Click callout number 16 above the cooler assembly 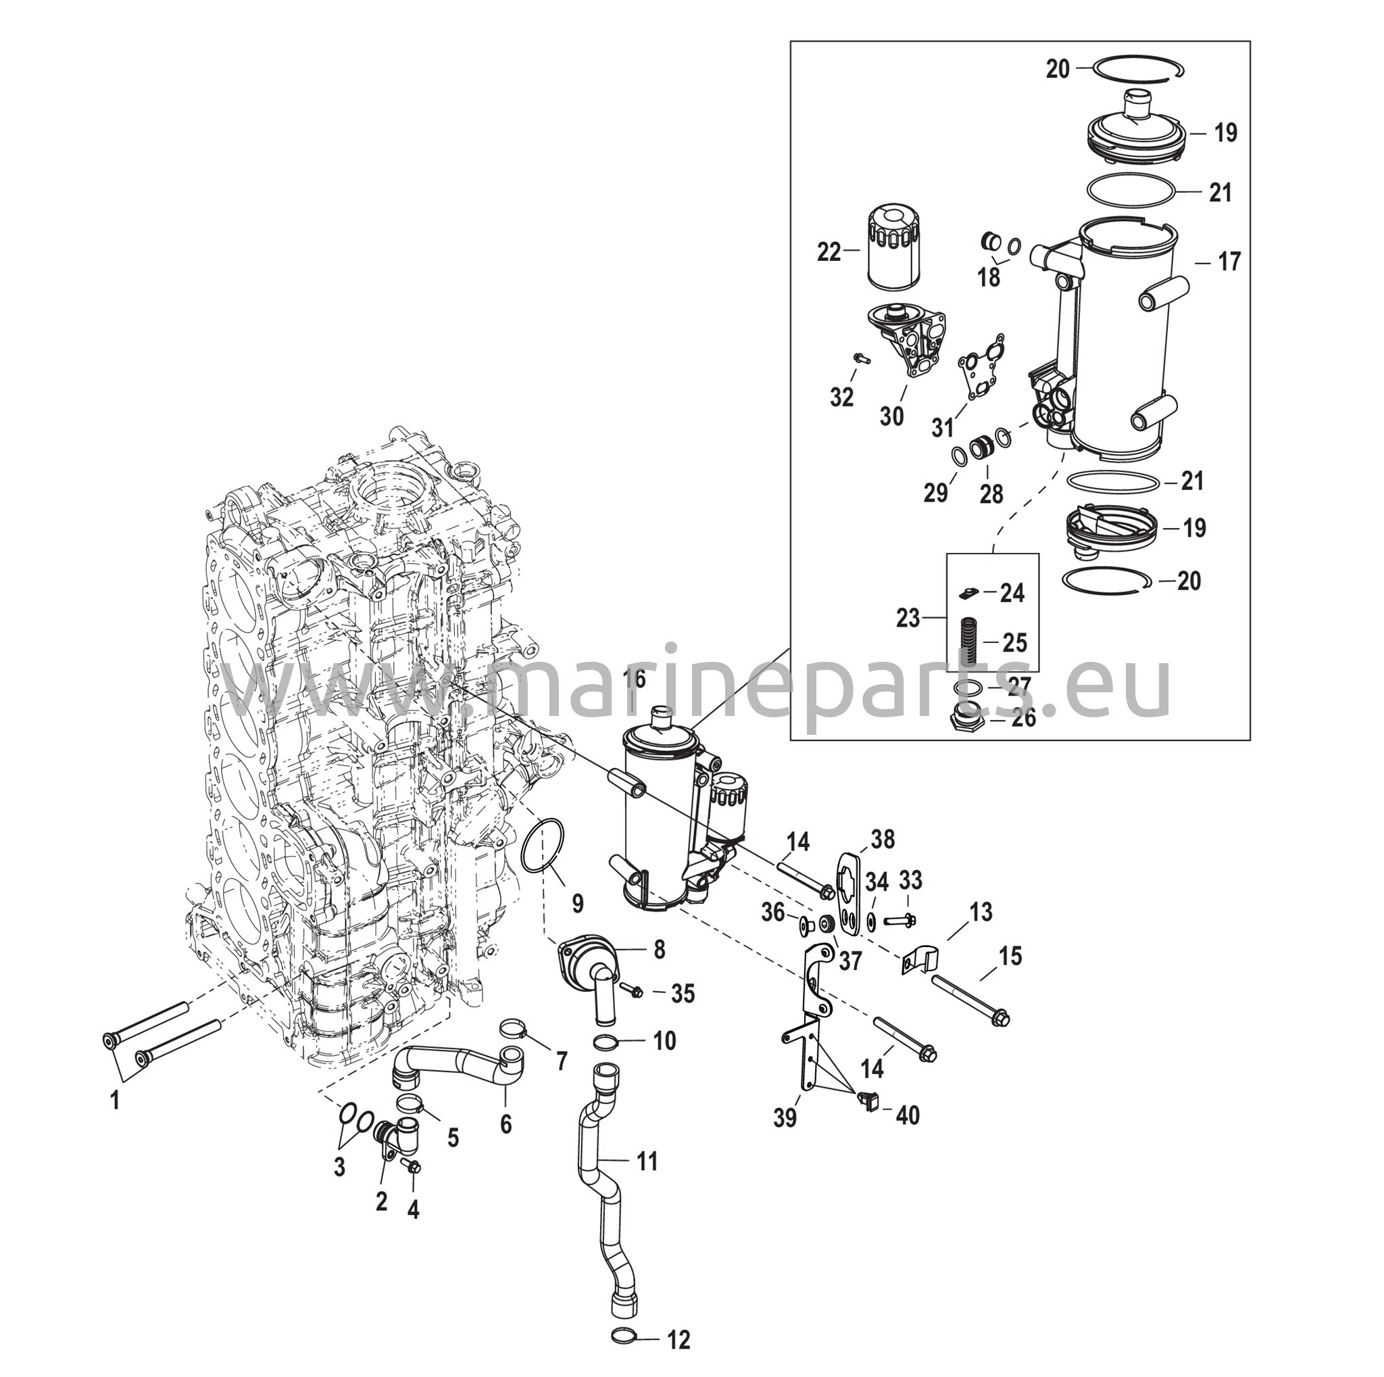point(635,679)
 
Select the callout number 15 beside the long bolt point(1011,956)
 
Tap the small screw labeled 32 point(859,356)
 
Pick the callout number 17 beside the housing point(1229,262)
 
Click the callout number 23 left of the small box point(908,618)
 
